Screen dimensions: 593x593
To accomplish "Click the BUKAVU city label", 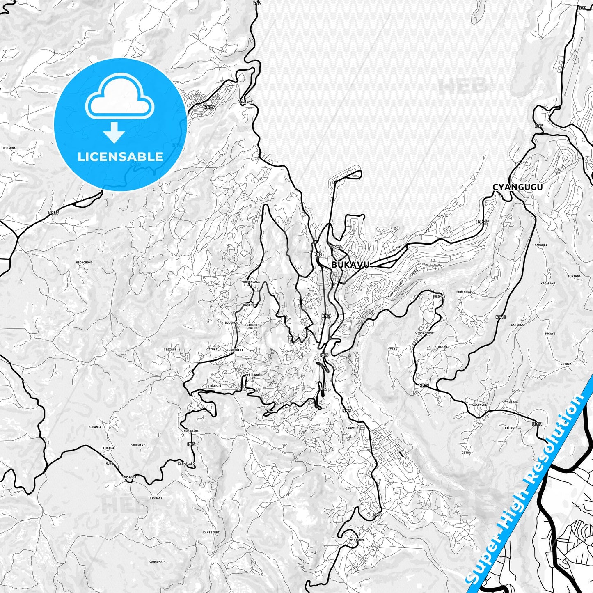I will (350, 265).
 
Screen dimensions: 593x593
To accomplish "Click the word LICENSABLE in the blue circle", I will (120, 157).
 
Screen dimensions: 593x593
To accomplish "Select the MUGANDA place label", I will (9, 148).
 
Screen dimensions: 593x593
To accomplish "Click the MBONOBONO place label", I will (84, 262).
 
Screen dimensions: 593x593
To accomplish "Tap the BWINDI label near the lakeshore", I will (246, 102).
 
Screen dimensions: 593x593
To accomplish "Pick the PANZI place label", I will (350, 428).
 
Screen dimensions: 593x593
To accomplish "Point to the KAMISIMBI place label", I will (211, 532).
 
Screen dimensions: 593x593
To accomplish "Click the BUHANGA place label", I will (95, 427).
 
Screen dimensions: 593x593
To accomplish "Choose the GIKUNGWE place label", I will (479, 404).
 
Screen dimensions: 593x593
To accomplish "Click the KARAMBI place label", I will (541, 245).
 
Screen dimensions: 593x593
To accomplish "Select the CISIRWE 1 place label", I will (172, 350).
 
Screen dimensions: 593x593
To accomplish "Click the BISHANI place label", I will (156, 498).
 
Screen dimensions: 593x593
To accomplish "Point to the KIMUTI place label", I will (442, 215).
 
